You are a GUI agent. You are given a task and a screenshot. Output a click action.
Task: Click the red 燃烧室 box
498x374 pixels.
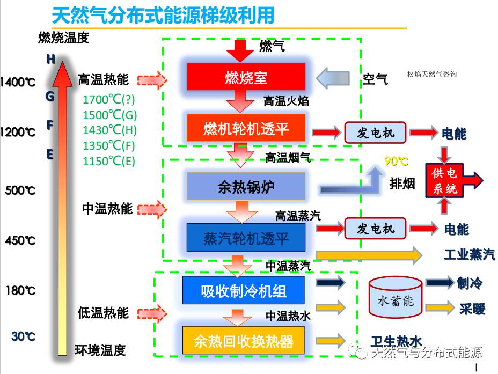click(x=246, y=77)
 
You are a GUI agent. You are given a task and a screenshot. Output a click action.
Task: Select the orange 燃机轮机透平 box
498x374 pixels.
click(x=246, y=128)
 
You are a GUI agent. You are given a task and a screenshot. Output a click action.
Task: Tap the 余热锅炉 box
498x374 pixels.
click(x=246, y=186)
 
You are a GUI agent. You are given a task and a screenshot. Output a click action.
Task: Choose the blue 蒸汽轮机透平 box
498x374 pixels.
click(x=246, y=238)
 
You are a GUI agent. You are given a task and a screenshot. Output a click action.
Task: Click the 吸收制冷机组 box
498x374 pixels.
click(x=243, y=290)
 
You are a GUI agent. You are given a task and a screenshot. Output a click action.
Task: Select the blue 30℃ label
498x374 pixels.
click(x=23, y=336)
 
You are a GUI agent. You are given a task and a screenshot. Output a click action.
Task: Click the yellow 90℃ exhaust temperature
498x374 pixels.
click(x=397, y=162)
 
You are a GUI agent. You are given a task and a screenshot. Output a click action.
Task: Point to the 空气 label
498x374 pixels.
click(x=375, y=79)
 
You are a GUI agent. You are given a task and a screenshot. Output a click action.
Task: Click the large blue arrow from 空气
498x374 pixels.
click(x=336, y=78)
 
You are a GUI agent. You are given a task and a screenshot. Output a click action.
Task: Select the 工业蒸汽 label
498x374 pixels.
click(x=469, y=254)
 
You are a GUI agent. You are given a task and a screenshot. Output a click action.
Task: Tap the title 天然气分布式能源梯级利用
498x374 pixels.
click(x=163, y=15)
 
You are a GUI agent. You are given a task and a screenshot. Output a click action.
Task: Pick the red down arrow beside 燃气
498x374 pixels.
click(x=239, y=50)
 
